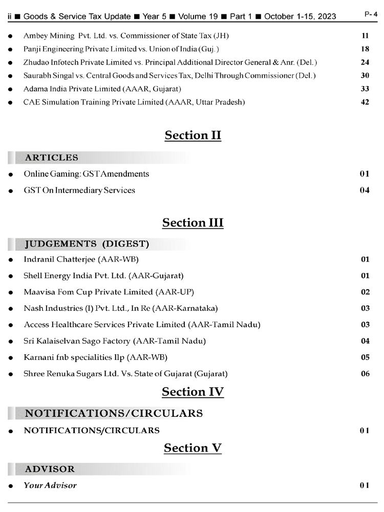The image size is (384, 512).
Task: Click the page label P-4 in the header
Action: [x=371, y=15]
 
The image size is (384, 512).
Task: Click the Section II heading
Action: [x=193, y=135]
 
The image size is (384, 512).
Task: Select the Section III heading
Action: [x=193, y=223]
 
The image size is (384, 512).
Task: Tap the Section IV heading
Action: [x=193, y=392]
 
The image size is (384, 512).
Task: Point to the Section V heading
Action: [x=193, y=448]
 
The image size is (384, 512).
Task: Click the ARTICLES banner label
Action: [x=52, y=158]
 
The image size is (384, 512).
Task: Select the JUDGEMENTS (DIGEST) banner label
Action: [x=87, y=243]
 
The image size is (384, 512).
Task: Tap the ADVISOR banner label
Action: [x=50, y=469]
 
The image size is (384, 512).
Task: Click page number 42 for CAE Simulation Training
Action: [x=365, y=102]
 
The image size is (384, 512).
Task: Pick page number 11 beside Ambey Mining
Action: [x=365, y=35]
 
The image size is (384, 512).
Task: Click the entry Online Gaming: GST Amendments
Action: [x=87, y=174]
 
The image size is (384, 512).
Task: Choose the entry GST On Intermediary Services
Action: [x=79, y=190]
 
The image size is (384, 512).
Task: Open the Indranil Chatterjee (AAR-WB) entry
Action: [x=81, y=260]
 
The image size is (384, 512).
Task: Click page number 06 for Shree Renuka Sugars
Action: [x=365, y=374]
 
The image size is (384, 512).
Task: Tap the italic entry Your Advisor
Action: [x=50, y=485]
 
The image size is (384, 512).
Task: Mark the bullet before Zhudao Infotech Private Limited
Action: [x=11, y=62]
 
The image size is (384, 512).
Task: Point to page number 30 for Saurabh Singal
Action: [x=365, y=75]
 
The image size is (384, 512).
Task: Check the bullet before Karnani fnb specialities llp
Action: [x=11, y=357]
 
